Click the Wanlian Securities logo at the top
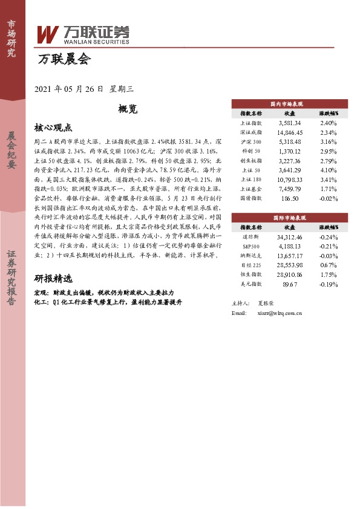point(83,34)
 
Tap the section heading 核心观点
point(53,128)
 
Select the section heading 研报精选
point(53,279)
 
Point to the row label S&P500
point(250,246)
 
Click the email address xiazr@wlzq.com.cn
point(280,313)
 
